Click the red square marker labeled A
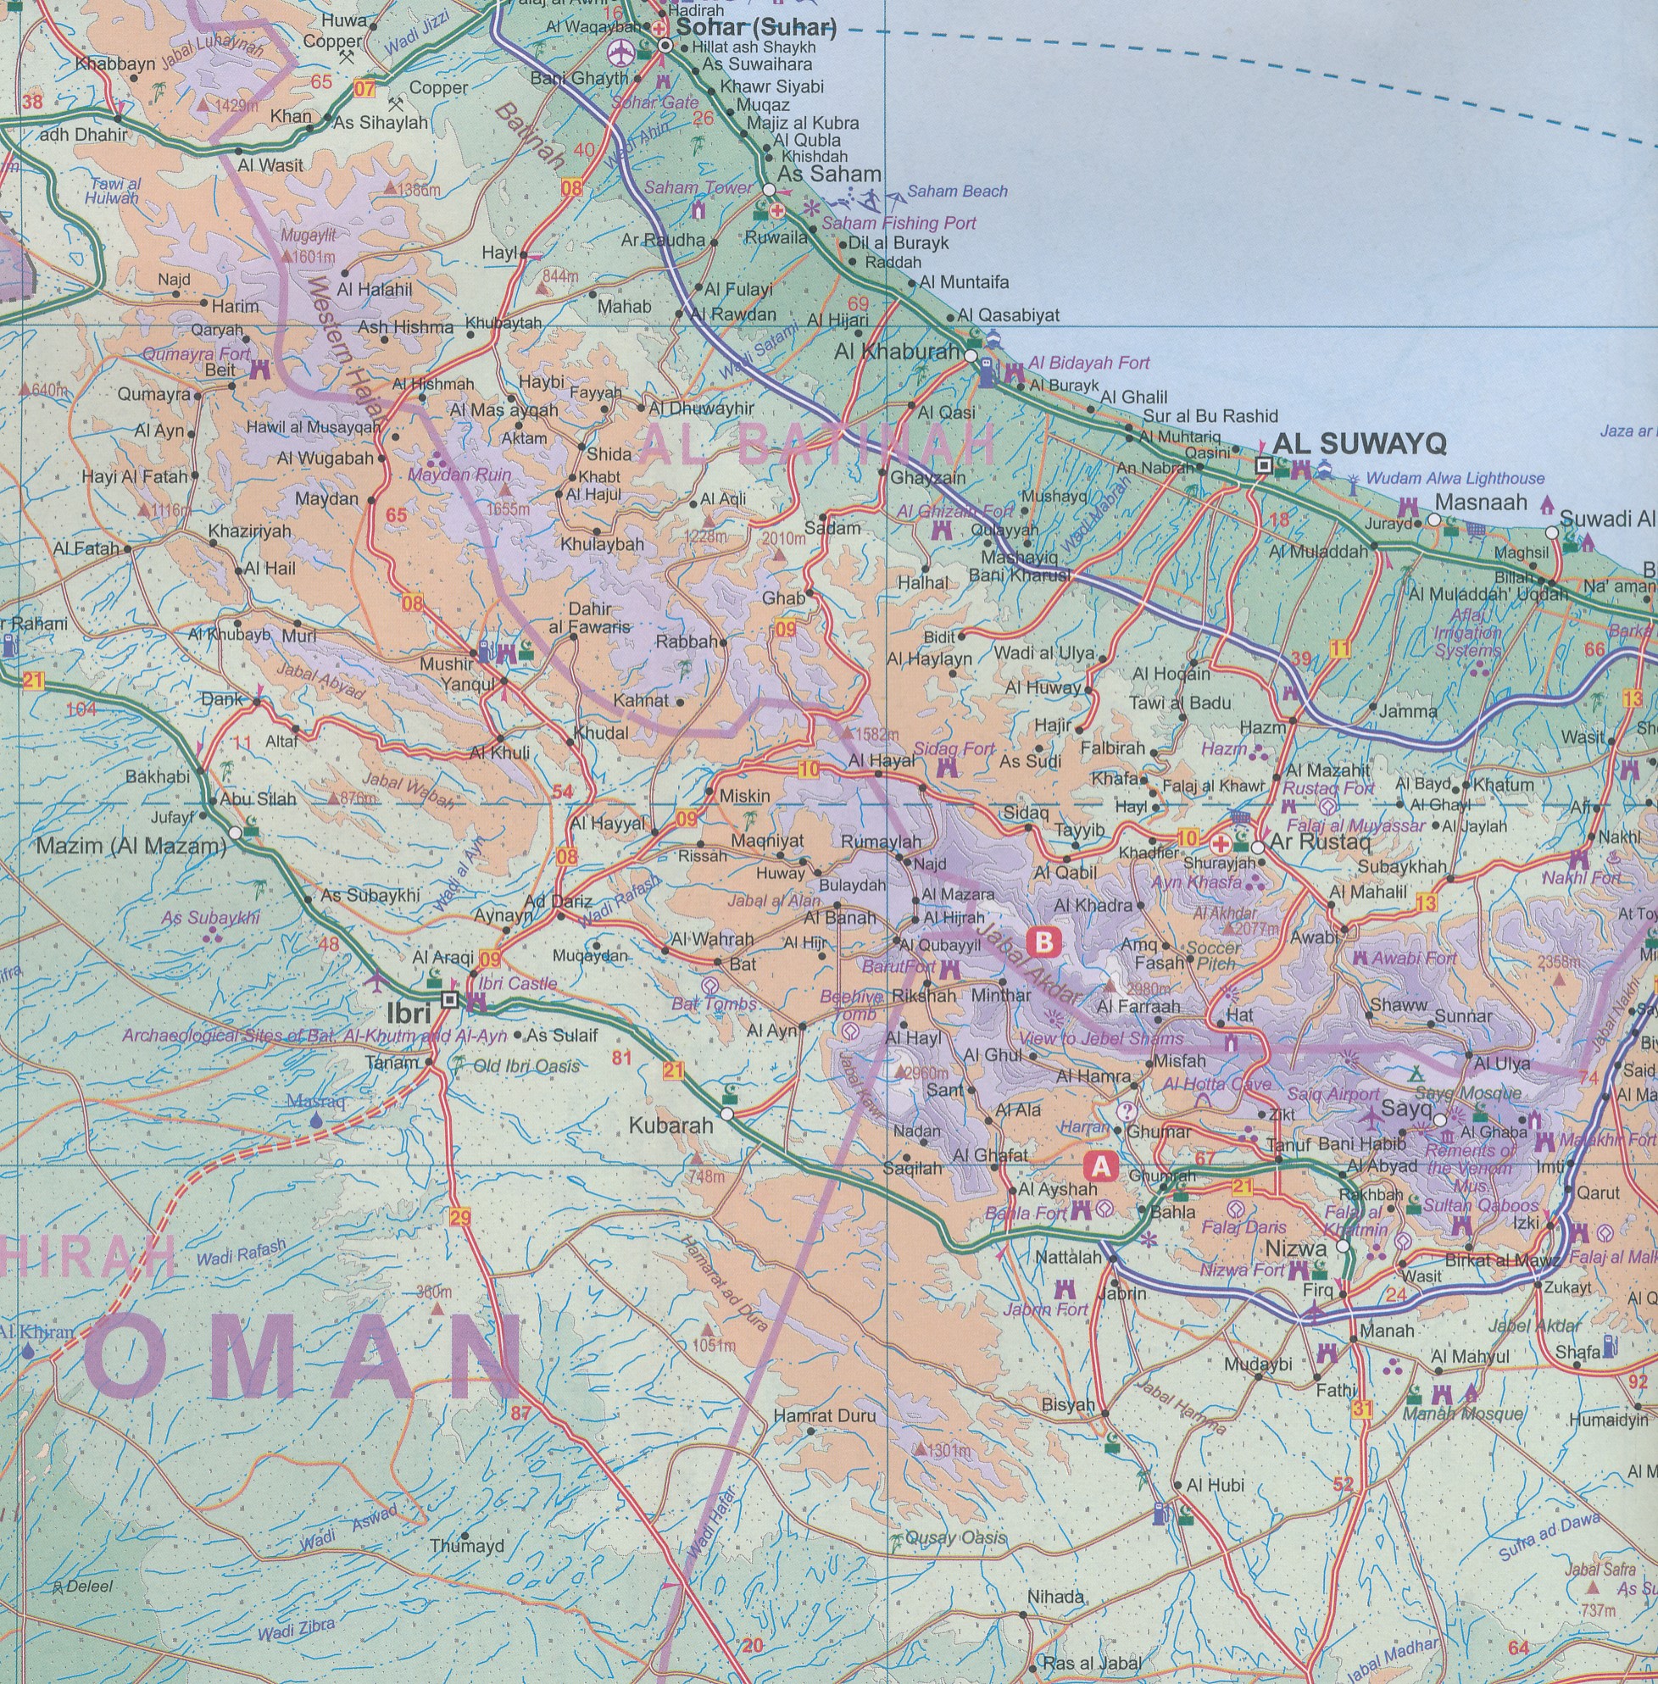pyautogui.click(x=1102, y=1166)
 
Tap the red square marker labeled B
pyautogui.click(x=1044, y=942)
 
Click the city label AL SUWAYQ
pyautogui.click(x=1359, y=444)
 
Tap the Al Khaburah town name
pyautogui.click(x=896, y=352)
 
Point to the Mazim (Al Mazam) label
pyautogui.click(x=131, y=846)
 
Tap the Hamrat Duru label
pyautogui.click(x=824, y=1416)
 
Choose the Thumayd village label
pyautogui.click(x=467, y=1547)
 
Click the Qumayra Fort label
pyautogui.click(x=196, y=354)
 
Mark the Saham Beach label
pyautogui.click(x=957, y=191)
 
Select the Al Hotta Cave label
pyautogui.click(x=1216, y=1084)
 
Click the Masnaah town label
pyautogui.click(x=1480, y=503)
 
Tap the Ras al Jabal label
pyautogui.click(x=1091, y=1663)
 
